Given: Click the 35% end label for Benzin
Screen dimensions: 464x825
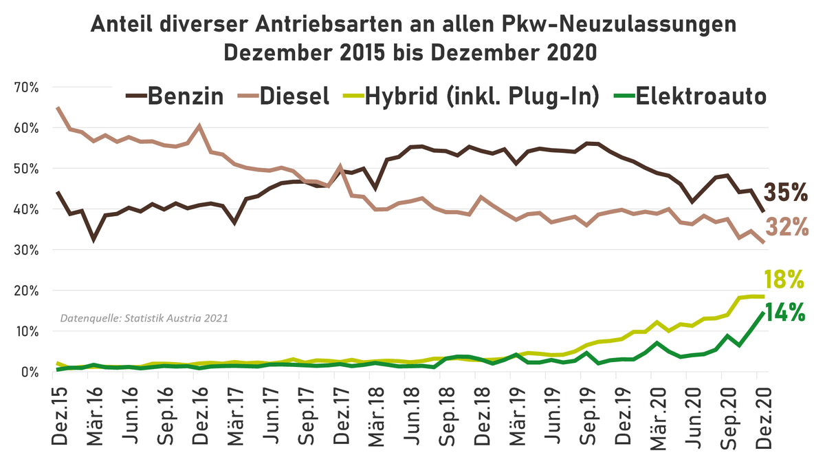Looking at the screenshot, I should [786, 193].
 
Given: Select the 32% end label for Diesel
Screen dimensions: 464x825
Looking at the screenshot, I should [786, 226].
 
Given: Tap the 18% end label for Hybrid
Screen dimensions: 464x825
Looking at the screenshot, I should [784, 280].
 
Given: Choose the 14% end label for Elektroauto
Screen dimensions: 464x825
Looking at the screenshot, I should [784, 312].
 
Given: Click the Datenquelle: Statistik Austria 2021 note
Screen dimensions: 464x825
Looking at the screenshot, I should [144, 319].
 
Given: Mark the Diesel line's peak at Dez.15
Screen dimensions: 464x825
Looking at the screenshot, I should [58, 108].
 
